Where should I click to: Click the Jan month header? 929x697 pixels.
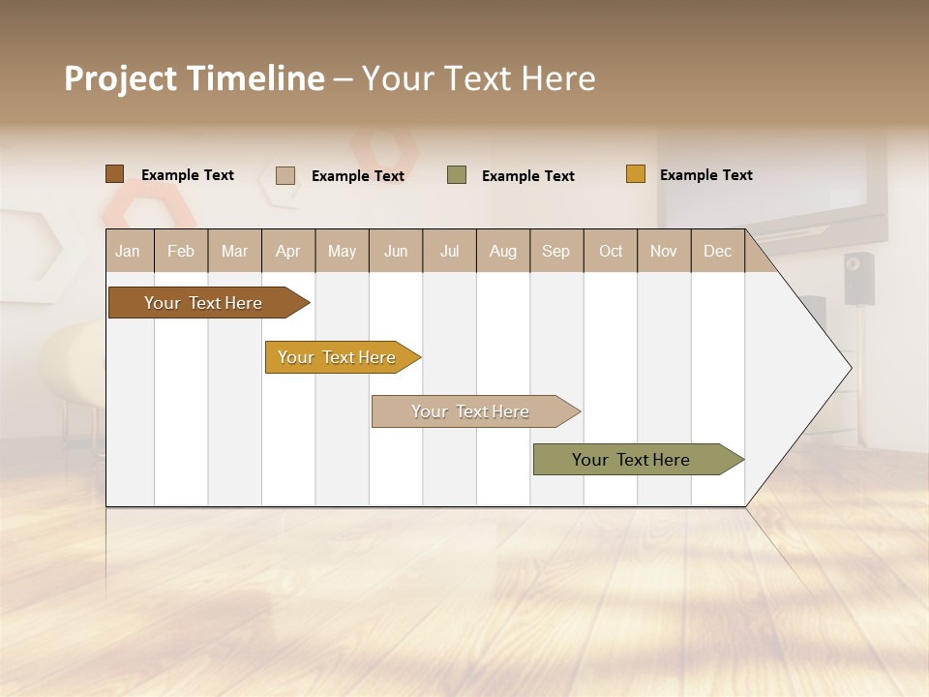pos(128,251)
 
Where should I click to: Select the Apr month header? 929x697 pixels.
pos(288,251)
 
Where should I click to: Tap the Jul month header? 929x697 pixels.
pos(450,251)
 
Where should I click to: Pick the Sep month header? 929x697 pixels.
pos(555,251)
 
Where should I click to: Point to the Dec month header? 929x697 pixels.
pos(717,251)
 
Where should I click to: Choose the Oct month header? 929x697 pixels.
pos(611,251)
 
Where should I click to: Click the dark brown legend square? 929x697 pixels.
pos(114,174)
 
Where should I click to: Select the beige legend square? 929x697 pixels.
pos(285,175)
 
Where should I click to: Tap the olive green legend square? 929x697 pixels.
pos(457,175)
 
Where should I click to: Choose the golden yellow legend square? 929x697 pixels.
pos(635,174)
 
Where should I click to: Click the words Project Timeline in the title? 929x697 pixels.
pos(194,78)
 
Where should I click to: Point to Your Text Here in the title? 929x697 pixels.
pos(478,78)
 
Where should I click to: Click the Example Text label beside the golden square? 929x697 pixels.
pos(705,175)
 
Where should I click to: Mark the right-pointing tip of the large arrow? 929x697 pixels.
pos(849,368)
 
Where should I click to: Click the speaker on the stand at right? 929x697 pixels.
pos(858,278)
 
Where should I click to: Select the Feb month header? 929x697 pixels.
pos(181,251)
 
